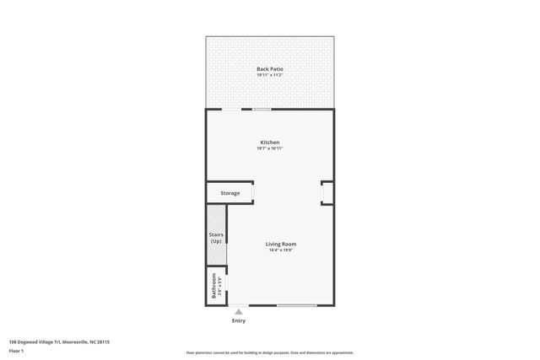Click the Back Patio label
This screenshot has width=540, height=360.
(x=270, y=69)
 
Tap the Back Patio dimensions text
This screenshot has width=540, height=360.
(x=270, y=76)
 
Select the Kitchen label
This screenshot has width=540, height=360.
(x=270, y=142)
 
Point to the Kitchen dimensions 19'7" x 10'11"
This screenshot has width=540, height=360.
(x=270, y=148)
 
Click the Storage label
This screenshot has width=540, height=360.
(x=230, y=193)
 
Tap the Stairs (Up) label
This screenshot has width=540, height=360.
(x=215, y=239)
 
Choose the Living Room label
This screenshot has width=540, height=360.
(x=282, y=244)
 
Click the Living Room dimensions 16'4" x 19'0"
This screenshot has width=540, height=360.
(x=282, y=250)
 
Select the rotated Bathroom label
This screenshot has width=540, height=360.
(x=215, y=287)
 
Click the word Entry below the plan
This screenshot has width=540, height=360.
(x=239, y=321)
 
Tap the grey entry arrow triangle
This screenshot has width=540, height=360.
(x=239, y=311)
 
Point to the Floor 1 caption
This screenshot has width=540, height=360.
(x=16, y=350)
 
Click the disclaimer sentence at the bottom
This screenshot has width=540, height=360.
(x=270, y=352)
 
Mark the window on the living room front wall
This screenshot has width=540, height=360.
(x=297, y=305)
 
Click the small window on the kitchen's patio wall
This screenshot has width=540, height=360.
(x=262, y=109)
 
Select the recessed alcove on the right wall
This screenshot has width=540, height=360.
(x=327, y=193)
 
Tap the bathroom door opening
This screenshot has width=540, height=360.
(x=227, y=286)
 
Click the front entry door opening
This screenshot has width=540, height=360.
(x=239, y=305)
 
